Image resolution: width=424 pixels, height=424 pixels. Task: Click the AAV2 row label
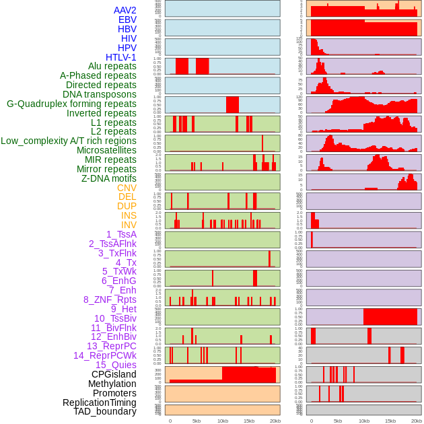125,11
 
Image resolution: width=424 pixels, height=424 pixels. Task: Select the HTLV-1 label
121,57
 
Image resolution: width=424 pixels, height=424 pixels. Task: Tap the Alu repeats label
112,67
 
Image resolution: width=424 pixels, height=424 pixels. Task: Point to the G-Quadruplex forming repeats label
71,104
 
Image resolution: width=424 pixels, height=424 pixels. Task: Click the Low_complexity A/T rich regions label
69,141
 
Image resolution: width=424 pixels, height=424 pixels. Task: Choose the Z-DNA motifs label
109,178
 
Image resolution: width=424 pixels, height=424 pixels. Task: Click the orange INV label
129,225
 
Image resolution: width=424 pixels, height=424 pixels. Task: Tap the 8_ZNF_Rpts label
110,299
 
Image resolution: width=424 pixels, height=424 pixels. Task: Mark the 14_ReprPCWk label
105,355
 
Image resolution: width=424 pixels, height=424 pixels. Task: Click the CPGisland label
114,374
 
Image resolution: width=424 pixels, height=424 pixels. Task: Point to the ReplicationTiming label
100,402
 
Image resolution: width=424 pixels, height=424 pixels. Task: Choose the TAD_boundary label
105,411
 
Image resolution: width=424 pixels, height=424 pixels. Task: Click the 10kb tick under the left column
222,421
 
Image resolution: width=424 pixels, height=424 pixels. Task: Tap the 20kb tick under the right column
417,421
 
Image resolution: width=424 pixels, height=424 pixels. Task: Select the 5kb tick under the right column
337,421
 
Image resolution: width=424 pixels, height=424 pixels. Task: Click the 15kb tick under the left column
248,421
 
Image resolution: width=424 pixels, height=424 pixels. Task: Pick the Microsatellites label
106,150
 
